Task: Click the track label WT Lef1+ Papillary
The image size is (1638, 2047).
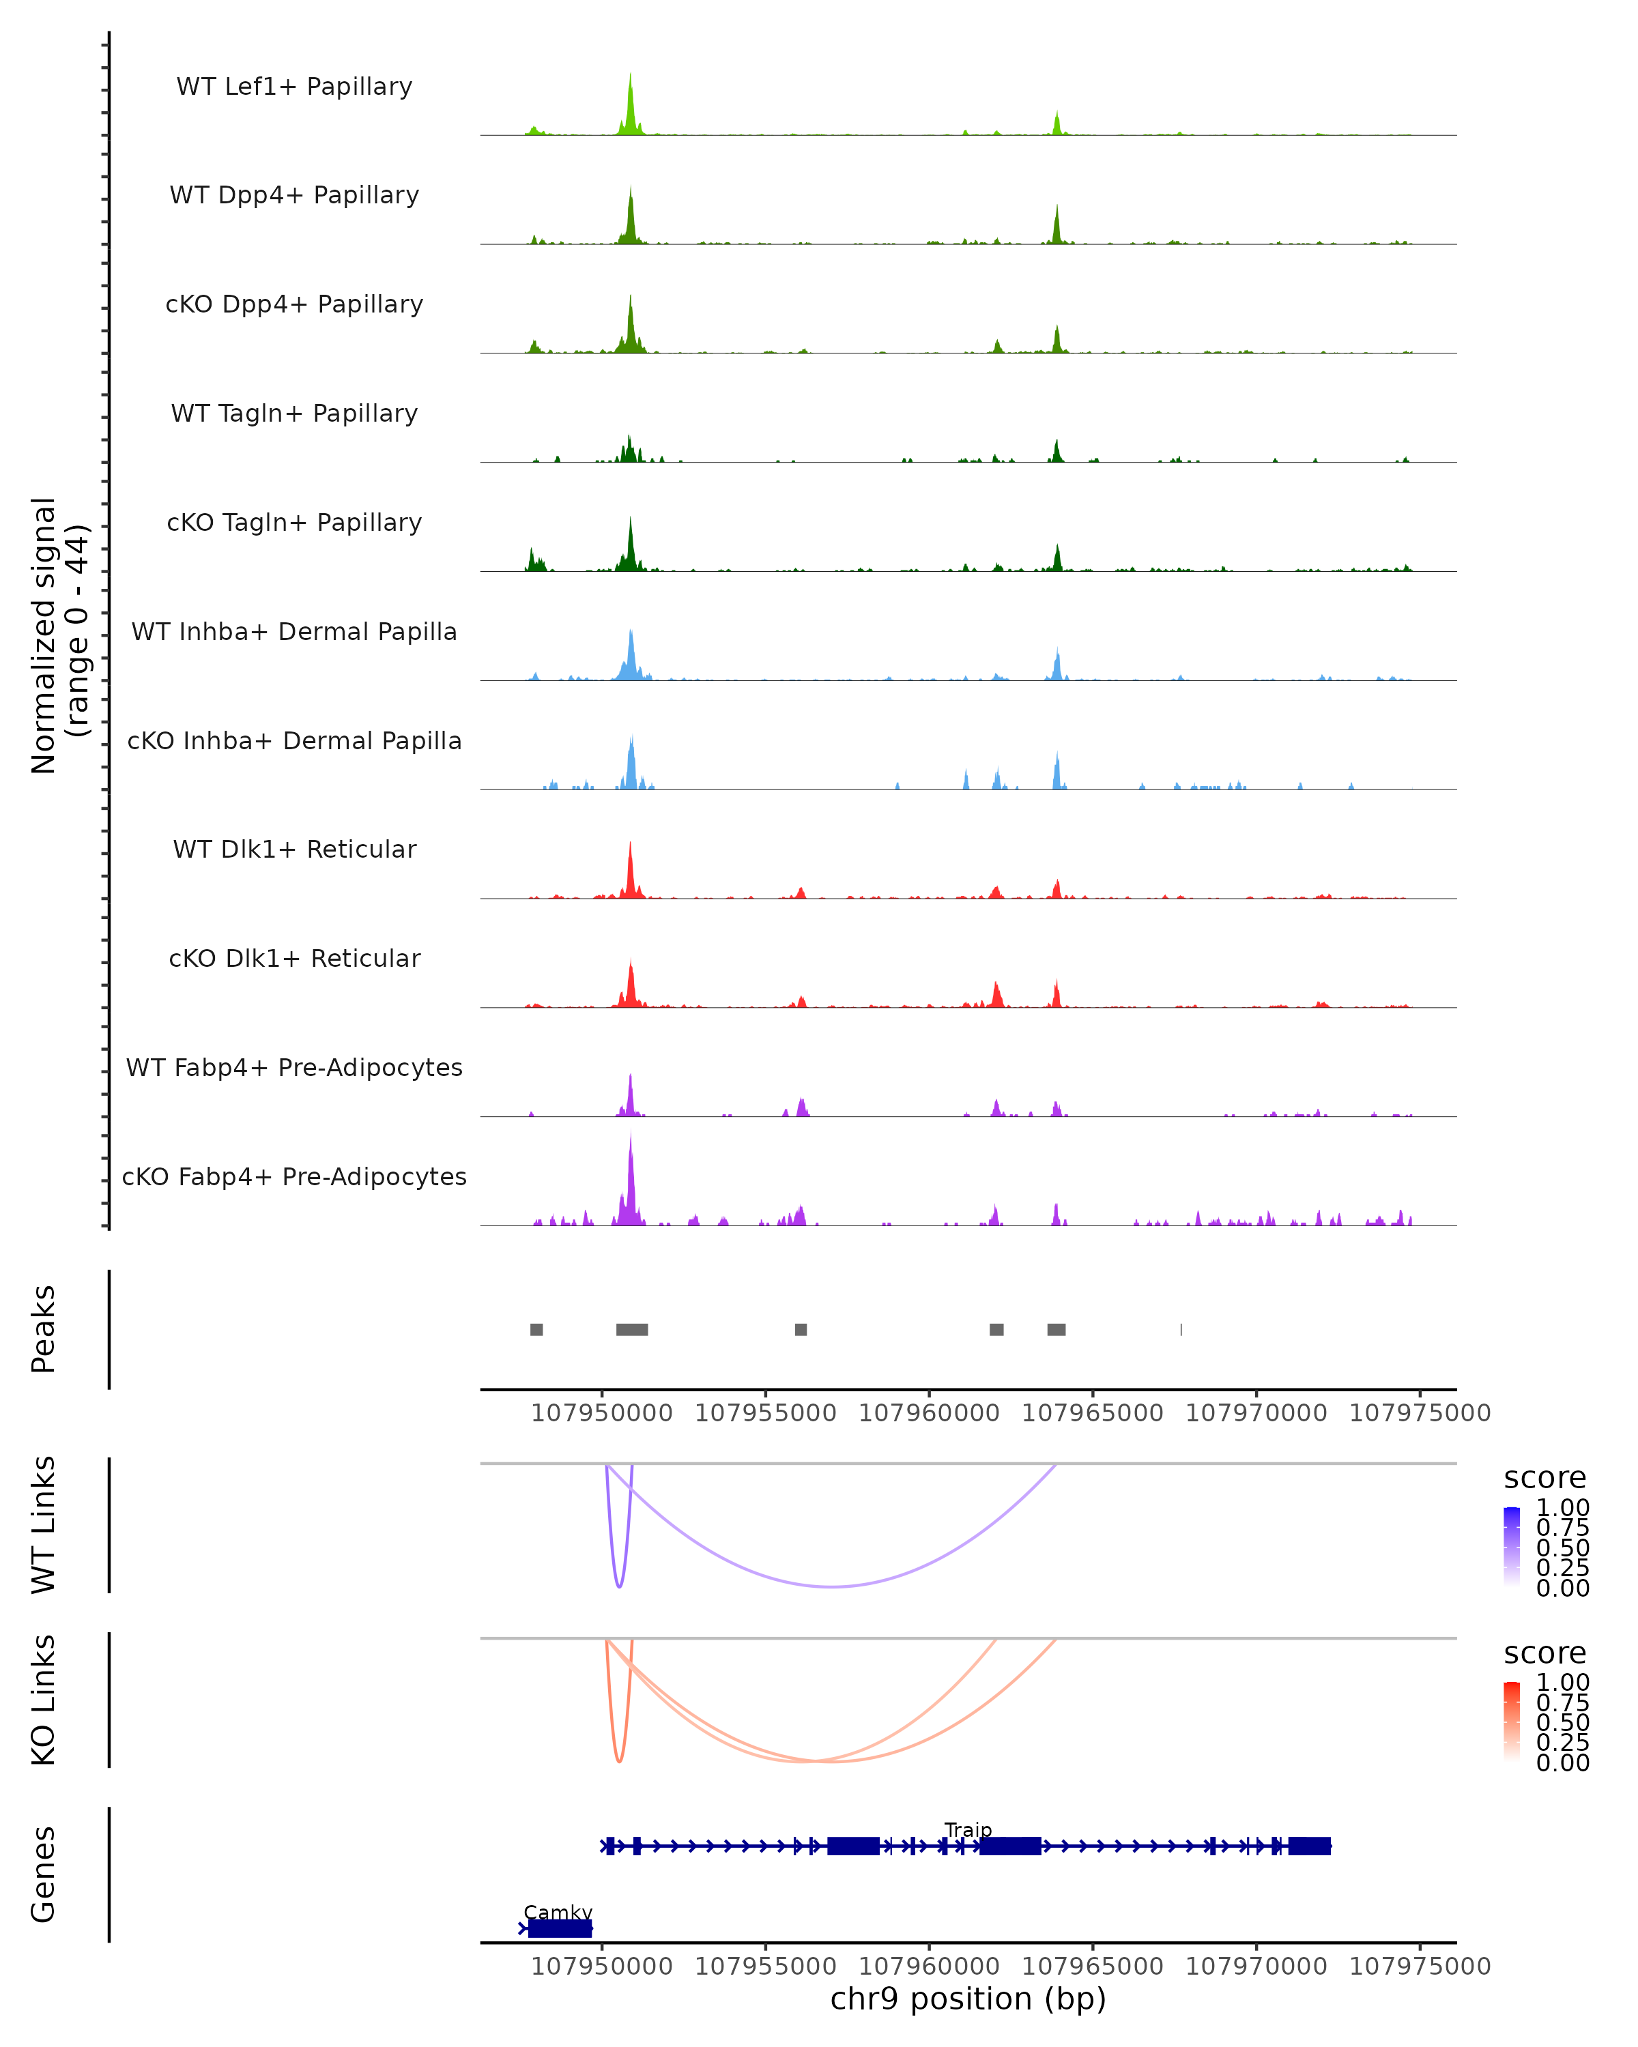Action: click(x=294, y=87)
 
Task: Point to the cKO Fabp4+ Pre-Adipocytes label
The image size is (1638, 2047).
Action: click(x=294, y=1176)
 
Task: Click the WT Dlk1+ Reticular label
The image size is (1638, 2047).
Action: click(x=294, y=849)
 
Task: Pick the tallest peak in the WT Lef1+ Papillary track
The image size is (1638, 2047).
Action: click(x=631, y=76)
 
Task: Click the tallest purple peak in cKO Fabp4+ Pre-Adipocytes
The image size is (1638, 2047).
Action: click(x=631, y=1137)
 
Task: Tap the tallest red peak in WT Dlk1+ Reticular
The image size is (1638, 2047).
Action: click(x=631, y=845)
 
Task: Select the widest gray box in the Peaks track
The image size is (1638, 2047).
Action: click(x=631, y=1329)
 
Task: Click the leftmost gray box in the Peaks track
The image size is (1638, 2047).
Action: click(x=536, y=1329)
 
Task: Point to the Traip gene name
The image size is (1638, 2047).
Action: click(x=968, y=1829)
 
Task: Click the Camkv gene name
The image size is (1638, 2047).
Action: click(x=558, y=1912)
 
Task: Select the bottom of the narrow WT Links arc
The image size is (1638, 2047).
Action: click(x=619, y=1586)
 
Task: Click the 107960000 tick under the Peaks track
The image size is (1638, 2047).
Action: click(x=929, y=1413)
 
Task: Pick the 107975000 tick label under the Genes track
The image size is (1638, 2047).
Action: click(x=1420, y=1966)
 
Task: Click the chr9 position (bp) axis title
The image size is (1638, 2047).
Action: click(x=968, y=1999)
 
